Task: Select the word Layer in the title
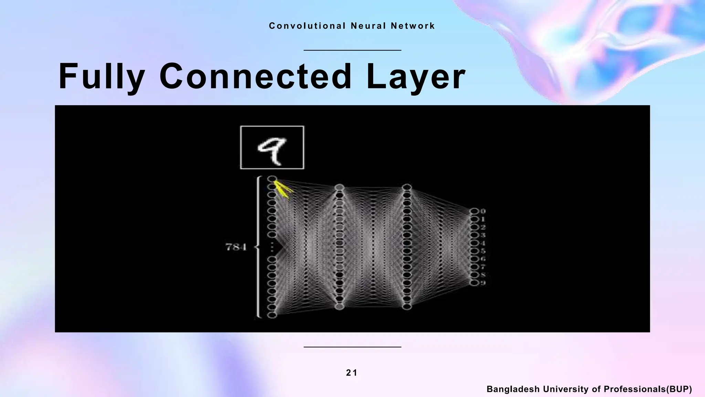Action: (x=416, y=77)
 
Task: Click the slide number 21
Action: (x=352, y=373)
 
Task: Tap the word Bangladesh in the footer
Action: (x=513, y=389)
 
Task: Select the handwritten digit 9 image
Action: (x=272, y=147)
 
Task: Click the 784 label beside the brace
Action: (x=236, y=247)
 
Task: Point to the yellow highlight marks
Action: (x=284, y=191)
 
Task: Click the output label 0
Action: (x=483, y=211)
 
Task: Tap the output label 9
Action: (x=483, y=283)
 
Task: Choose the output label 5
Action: (x=483, y=251)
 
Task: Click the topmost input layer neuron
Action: (x=272, y=179)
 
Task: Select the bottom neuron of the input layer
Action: (x=272, y=315)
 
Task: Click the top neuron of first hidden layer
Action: (x=339, y=187)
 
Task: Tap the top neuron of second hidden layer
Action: (x=407, y=187)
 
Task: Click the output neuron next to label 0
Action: (x=474, y=211)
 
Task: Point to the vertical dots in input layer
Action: (x=272, y=247)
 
